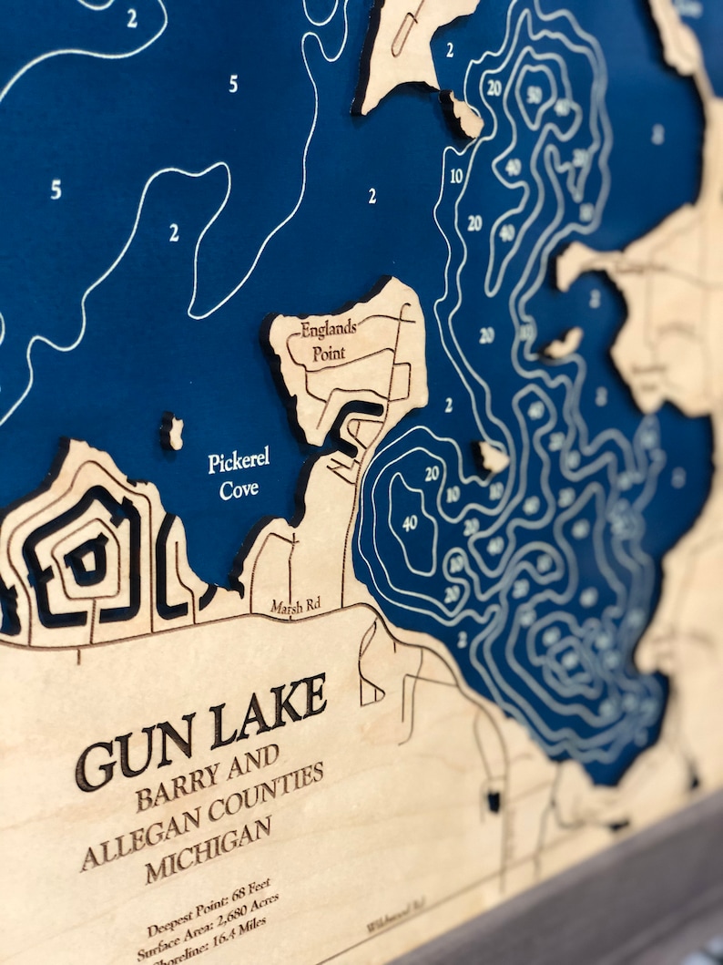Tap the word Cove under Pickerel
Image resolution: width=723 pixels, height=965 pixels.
[x=239, y=489]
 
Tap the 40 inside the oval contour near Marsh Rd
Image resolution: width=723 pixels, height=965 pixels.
[x=410, y=522]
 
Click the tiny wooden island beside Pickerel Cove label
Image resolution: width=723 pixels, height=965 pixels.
[x=172, y=433]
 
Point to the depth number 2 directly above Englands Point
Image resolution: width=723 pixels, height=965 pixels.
[x=372, y=195]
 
